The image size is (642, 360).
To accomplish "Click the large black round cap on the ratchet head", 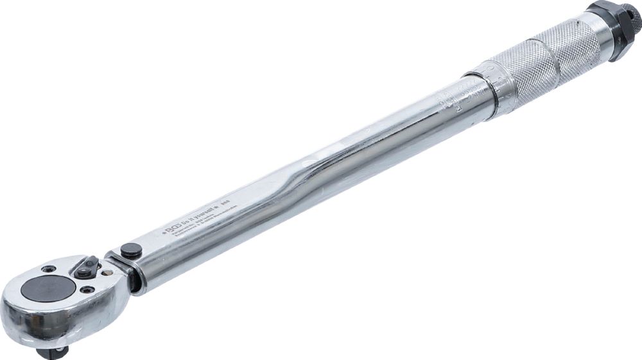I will coord(48,289).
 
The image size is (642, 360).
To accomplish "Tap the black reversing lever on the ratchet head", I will coord(86,268).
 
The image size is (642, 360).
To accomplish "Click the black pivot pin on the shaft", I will coord(131,250).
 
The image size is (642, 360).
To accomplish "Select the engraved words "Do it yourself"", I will coord(200,216).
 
